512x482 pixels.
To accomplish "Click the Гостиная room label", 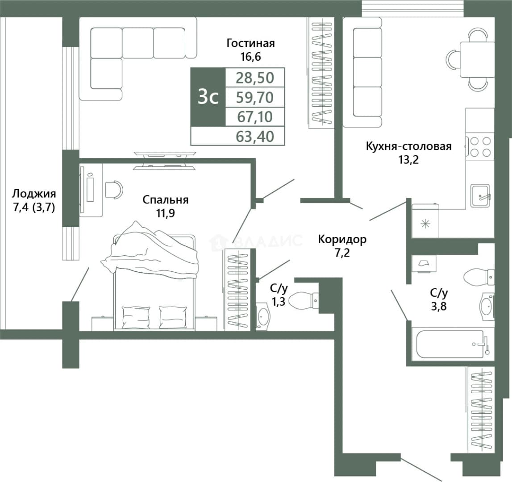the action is [x=250, y=43].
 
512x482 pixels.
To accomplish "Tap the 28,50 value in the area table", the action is [x=255, y=78].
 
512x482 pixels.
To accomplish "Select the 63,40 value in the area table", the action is [x=255, y=136].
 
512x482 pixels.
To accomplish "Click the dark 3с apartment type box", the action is [x=208, y=97].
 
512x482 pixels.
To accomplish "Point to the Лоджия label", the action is [x=34, y=194].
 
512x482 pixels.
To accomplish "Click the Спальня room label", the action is [x=166, y=199].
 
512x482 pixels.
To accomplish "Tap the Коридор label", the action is [x=342, y=239].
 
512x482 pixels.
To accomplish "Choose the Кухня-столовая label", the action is [x=408, y=146].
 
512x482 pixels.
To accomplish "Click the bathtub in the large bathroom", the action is [x=450, y=344].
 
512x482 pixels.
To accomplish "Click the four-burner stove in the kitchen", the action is [x=479, y=147].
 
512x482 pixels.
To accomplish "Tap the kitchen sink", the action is [x=480, y=195].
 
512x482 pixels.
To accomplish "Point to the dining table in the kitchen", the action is [x=477, y=59].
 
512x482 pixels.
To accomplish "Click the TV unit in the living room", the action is [x=165, y=160].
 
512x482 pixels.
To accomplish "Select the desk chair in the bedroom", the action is [x=114, y=189].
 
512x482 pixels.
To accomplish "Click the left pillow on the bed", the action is [x=136, y=317].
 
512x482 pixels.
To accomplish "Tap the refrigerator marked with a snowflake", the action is [x=425, y=221].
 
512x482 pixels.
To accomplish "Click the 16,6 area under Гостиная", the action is [x=251, y=57].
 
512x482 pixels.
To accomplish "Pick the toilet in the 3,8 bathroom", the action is [x=479, y=277].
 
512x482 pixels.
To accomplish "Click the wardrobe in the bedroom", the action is [x=237, y=290].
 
